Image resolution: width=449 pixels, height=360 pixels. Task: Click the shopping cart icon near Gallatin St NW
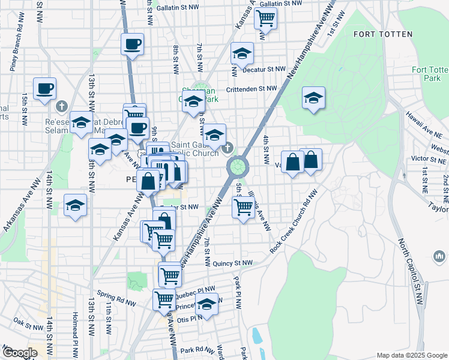click(265, 19)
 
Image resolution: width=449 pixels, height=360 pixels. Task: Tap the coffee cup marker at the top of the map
click(132, 44)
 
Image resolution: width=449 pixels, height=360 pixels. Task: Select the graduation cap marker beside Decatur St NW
click(241, 55)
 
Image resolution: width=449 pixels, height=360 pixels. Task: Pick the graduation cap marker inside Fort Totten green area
click(313, 98)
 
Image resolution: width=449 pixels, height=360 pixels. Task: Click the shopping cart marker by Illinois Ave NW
click(243, 208)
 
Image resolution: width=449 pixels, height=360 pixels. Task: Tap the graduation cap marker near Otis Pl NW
click(206, 304)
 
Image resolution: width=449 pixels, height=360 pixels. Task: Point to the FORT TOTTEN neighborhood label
click(383, 34)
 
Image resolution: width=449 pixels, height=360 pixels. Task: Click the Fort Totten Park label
click(426, 74)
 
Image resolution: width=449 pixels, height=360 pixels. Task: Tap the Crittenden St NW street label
click(251, 89)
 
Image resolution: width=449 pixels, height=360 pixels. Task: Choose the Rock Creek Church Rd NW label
click(294, 223)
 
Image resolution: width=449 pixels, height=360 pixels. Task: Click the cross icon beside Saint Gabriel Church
click(228, 148)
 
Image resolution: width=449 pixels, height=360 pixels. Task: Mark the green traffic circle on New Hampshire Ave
click(238, 166)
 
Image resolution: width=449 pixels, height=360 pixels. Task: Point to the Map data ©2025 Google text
click(411, 355)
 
